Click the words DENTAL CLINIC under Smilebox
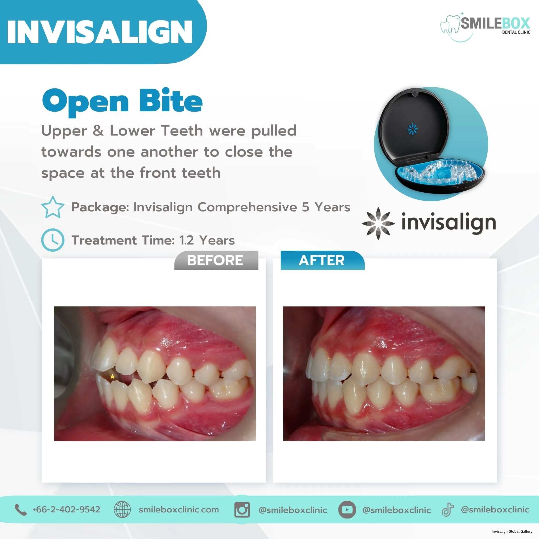tap(516, 32)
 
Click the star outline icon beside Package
tap(53, 207)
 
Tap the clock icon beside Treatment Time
tap(53, 240)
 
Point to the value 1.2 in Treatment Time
tap(187, 240)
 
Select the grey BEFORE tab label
tap(215, 260)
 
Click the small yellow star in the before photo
tap(112, 376)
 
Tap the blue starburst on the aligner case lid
tap(413, 129)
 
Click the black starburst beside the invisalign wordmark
tap(378, 223)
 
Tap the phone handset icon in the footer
tap(20, 510)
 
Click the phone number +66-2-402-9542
tap(66, 510)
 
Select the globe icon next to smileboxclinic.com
tap(122, 509)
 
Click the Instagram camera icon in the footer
tap(242, 510)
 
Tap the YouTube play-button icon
tap(347, 510)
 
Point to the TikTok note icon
tap(447, 510)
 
